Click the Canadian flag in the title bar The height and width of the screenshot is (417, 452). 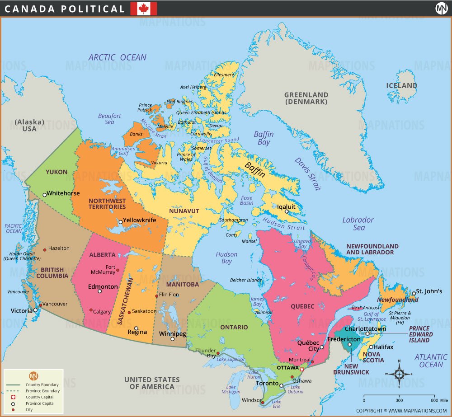[144, 9]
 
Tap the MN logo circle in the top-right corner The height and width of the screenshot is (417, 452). [441, 9]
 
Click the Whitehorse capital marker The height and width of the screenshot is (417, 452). [44, 195]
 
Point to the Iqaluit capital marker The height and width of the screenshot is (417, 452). [287, 211]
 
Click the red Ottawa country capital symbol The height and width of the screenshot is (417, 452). [302, 370]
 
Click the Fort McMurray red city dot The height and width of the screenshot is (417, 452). [118, 270]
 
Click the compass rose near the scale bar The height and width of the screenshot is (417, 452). [400, 374]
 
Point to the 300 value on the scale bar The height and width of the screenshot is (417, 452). [400, 400]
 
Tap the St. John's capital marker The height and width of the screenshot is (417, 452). [413, 293]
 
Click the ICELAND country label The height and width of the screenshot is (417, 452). [401, 85]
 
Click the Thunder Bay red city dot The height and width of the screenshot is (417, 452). [218, 353]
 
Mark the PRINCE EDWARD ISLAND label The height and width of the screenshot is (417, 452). [420, 334]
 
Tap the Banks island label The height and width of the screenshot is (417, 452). [136, 134]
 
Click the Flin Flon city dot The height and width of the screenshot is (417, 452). [157, 296]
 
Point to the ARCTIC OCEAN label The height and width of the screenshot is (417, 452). [117, 57]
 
